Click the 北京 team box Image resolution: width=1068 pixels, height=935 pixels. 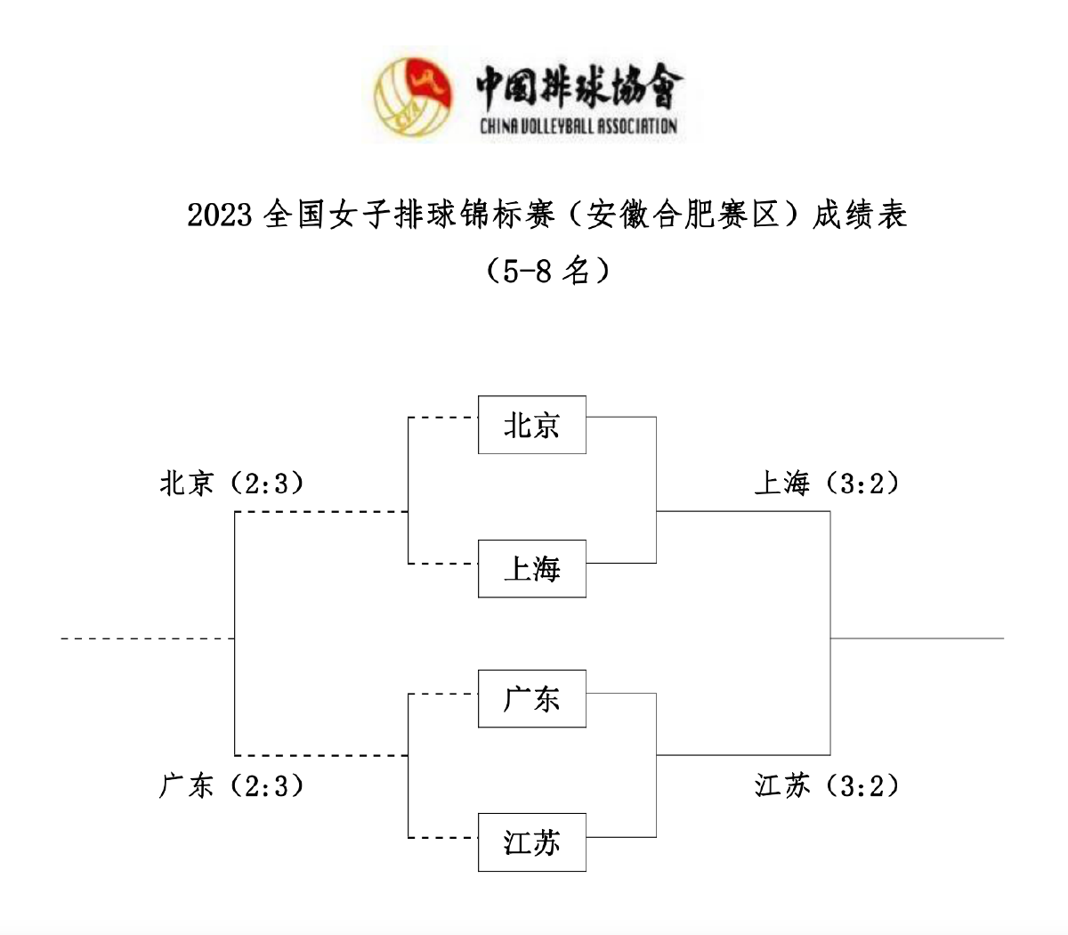531,425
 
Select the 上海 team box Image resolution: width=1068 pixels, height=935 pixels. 531,568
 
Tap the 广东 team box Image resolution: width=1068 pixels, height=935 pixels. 531,699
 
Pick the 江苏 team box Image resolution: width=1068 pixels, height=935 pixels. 531,842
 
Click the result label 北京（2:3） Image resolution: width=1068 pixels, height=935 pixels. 232,484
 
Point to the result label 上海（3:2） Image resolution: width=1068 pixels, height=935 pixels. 827,484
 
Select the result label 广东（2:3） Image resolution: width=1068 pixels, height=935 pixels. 232,786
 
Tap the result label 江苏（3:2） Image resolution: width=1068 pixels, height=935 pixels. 827,786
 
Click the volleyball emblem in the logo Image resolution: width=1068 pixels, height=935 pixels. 412,97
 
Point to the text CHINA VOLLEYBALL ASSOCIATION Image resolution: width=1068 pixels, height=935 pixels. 578,126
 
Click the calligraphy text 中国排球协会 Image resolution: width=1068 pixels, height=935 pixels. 578,86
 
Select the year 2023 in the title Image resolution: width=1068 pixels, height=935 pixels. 220,215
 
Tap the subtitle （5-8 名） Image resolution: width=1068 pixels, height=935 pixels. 548,270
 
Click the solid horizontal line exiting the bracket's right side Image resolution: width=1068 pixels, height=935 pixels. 917,638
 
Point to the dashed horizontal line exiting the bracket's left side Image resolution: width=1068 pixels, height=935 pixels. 147,638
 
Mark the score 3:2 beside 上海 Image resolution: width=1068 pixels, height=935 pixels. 861,484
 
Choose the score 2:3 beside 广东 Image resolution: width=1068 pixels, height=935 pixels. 266,786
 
